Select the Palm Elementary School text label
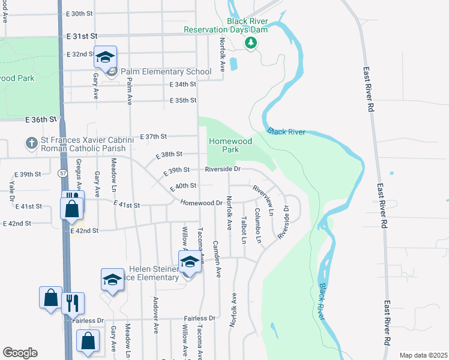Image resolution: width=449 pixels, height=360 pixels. tap(166, 72)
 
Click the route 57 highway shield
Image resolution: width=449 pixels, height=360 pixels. tap(62, 173)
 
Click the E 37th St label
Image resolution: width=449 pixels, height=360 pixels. tap(153, 137)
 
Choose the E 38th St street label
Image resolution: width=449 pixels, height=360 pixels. tap(169, 155)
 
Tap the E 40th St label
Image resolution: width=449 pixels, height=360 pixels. tap(184, 187)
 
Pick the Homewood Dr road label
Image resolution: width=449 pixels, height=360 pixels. tap(202, 203)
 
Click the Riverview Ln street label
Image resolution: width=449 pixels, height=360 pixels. tap(262, 200)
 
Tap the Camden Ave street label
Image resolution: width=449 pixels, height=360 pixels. tap(217, 259)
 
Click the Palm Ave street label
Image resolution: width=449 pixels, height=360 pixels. tap(130, 86)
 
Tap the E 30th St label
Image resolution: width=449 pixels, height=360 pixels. tap(80, 13)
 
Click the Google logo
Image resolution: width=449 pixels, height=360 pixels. tap(20, 353)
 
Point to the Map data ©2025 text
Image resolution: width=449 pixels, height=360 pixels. tap(423, 355)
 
